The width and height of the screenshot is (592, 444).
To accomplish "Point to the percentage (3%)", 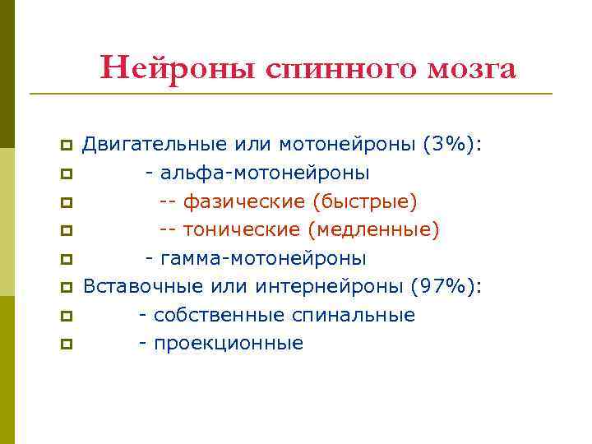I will tap(451, 146).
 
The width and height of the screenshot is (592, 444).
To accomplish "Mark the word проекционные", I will tap(227, 344).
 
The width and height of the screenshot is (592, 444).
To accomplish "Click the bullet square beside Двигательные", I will tap(65, 146).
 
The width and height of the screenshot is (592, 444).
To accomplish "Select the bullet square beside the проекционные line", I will tap(65, 345).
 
